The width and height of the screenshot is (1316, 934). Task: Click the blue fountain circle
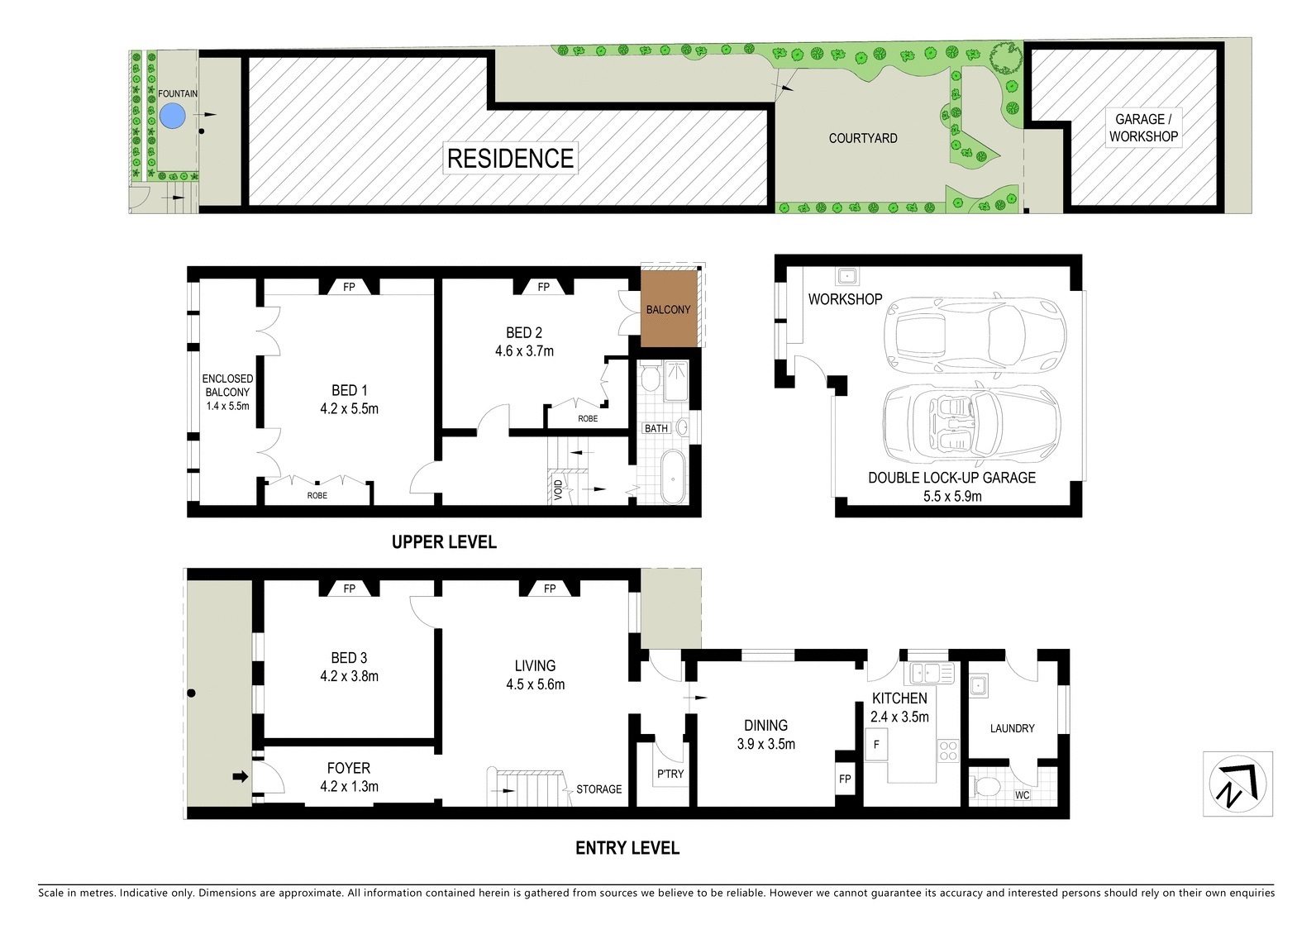click(172, 116)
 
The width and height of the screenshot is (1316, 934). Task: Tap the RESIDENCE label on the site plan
click(510, 158)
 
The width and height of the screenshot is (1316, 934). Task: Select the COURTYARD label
click(862, 138)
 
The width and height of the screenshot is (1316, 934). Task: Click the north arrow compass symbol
click(1237, 784)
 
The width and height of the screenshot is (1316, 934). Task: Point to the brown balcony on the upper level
click(668, 309)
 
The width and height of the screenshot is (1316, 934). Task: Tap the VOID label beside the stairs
click(558, 489)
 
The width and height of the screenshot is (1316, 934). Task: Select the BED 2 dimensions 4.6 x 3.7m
click(524, 350)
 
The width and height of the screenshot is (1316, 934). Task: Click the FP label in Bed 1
click(349, 287)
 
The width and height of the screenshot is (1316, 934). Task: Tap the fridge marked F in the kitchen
click(876, 744)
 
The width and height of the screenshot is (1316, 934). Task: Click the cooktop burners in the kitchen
click(948, 751)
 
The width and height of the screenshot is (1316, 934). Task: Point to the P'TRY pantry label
click(670, 774)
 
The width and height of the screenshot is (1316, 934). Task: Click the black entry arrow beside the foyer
click(241, 777)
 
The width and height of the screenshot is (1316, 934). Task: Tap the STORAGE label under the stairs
click(598, 789)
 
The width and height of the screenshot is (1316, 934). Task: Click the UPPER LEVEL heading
click(444, 541)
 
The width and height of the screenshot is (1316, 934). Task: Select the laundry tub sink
click(978, 685)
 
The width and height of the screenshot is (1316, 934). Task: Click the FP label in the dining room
click(845, 779)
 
